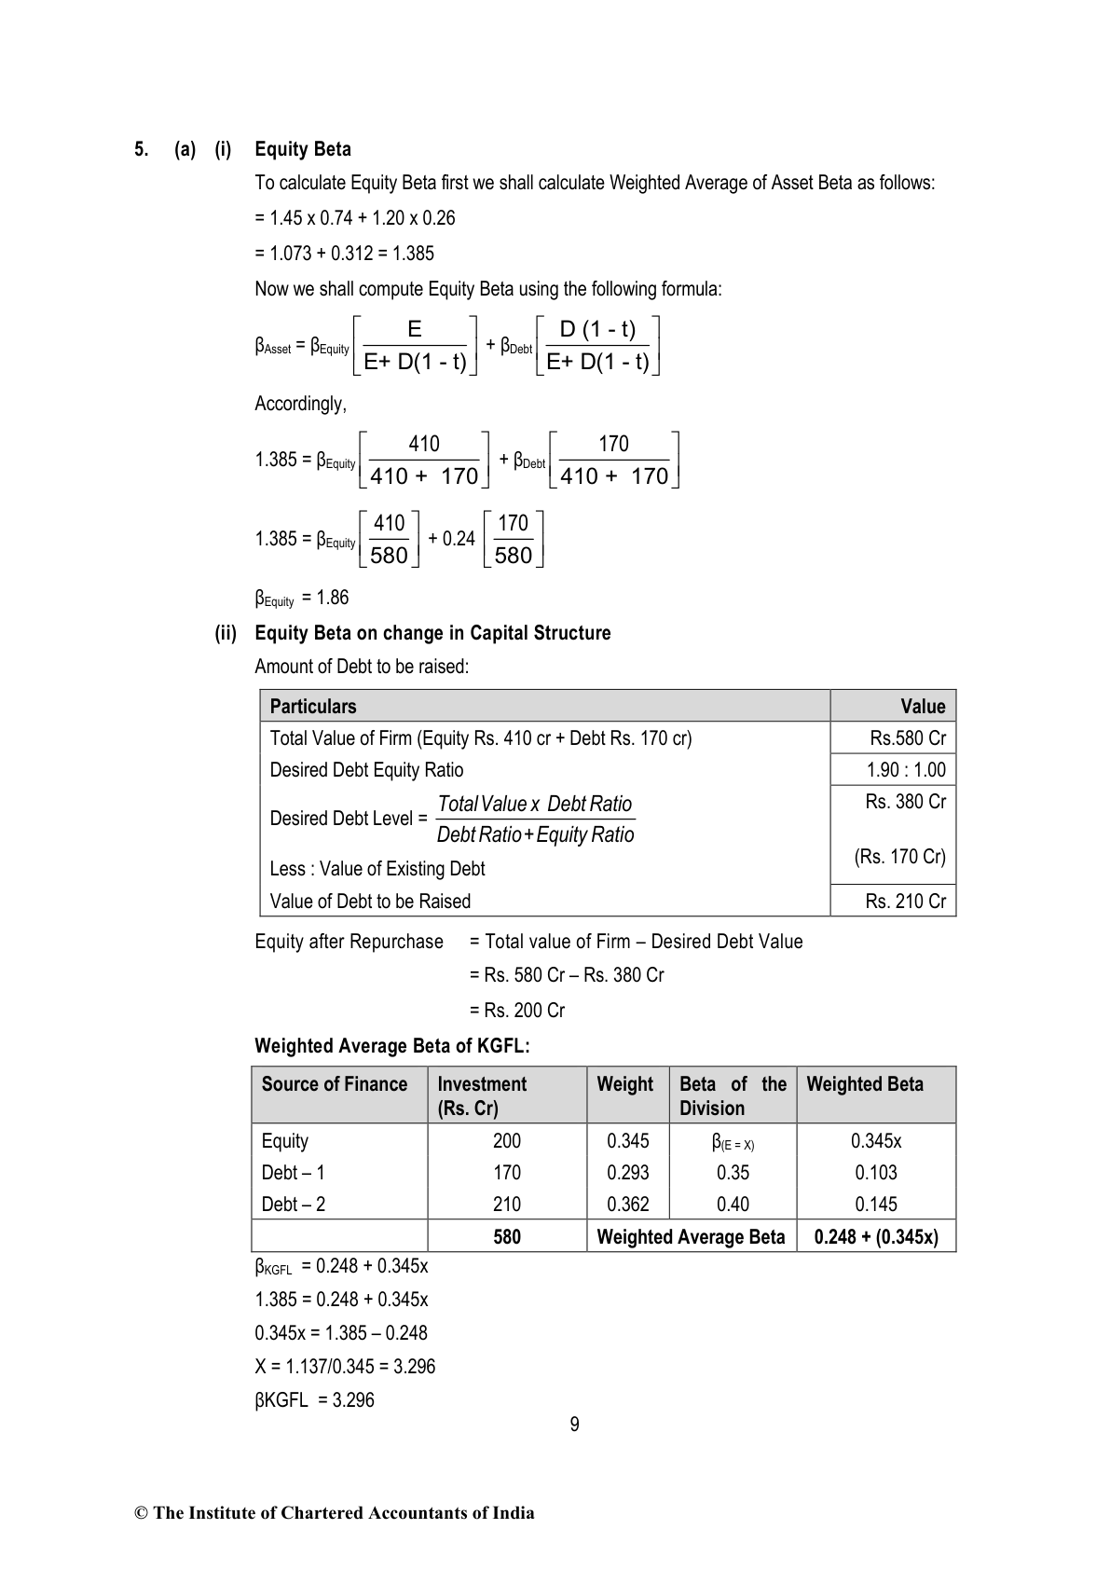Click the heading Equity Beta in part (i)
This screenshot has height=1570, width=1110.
[x=302, y=149]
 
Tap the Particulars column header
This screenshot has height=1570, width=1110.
[x=313, y=707]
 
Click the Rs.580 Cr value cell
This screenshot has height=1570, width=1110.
[x=907, y=738]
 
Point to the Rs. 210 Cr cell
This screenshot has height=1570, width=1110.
[x=905, y=902]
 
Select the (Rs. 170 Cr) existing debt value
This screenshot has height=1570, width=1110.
[x=899, y=857]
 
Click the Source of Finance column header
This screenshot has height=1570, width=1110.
[x=335, y=1084]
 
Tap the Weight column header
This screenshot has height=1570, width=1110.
[x=625, y=1084]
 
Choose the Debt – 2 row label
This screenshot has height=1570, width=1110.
[x=294, y=1205]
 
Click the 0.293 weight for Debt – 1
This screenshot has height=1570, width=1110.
[x=627, y=1173]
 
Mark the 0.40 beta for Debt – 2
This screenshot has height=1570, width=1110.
[x=733, y=1205]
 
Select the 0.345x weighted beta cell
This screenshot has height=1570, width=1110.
[x=876, y=1141]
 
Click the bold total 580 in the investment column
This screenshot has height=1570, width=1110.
[x=507, y=1237]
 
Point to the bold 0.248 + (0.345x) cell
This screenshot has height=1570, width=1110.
[x=876, y=1237]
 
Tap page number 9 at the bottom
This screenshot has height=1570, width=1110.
[x=574, y=1425]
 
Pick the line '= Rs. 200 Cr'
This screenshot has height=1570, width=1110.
[x=517, y=1011]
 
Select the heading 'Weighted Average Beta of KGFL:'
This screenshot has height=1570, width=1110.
[x=392, y=1046]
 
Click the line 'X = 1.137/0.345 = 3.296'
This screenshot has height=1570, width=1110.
[x=345, y=1367]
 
